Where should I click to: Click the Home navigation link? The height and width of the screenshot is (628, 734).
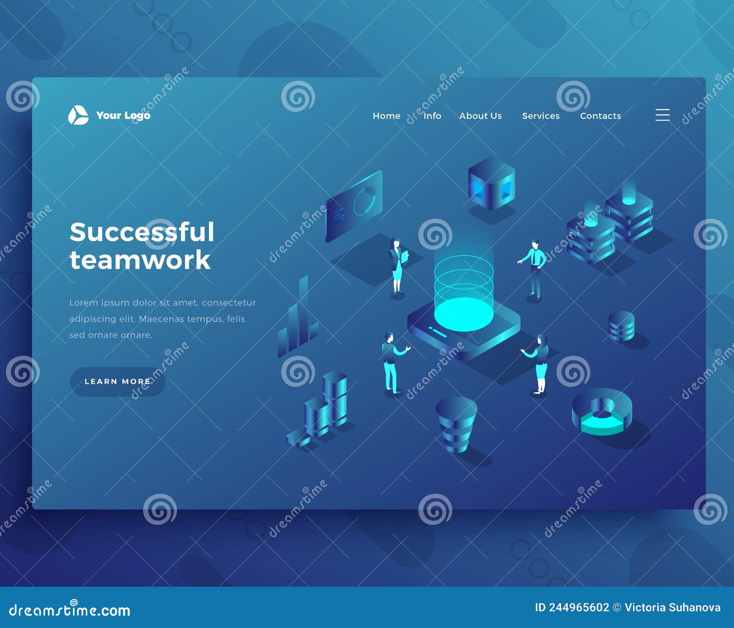click(386, 116)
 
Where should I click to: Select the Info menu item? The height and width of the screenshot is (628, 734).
click(432, 116)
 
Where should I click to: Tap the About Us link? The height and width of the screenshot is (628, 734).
click(480, 116)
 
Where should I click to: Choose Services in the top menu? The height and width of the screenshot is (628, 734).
click(541, 116)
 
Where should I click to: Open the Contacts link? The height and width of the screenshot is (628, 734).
click(600, 116)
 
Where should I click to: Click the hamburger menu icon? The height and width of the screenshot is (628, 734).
click(662, 115)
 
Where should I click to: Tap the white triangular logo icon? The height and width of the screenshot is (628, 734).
click(78, 115)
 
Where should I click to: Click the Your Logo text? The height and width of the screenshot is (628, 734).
click(123, 116)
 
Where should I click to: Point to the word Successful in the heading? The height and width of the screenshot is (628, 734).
click(142, 232)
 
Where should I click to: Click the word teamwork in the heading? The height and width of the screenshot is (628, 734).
click(140, 260)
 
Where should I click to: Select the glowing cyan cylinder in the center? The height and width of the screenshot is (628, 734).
click(464, 293)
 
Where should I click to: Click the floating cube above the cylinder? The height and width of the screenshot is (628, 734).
click(491, 184)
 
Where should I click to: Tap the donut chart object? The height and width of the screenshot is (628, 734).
click(602, 412)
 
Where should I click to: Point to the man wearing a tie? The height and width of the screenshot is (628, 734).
click(534, 270)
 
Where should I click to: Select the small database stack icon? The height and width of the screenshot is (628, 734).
click(622, 326)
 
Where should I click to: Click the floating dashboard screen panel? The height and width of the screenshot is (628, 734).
click(354, 206)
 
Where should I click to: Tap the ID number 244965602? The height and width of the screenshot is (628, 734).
click(579, 607)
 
